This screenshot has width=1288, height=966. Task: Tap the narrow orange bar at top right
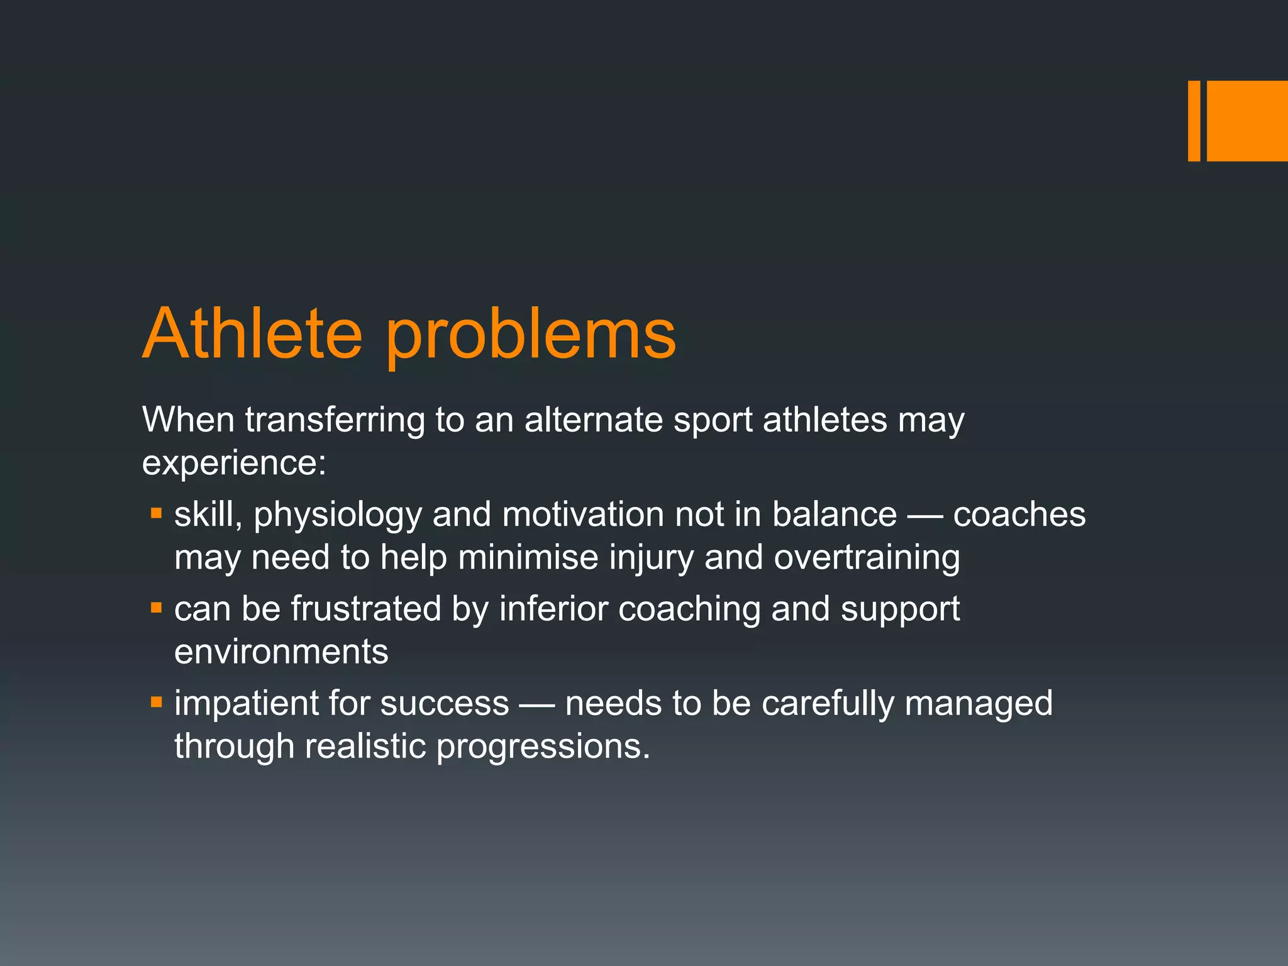tap(1194, 121)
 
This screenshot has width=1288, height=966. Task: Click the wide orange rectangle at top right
tap(1246, 121)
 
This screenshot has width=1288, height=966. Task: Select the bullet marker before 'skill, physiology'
tap(157, 514)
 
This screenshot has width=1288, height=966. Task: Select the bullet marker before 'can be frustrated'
tap(157, 608)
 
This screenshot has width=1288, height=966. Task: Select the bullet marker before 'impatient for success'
tap(157, 702)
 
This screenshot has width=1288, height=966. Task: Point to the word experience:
tap(234, 464)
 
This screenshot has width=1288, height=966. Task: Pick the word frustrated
tap(365, 609)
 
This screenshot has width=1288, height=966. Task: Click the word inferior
tap(553, 609)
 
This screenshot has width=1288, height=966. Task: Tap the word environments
tap(281, 652)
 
